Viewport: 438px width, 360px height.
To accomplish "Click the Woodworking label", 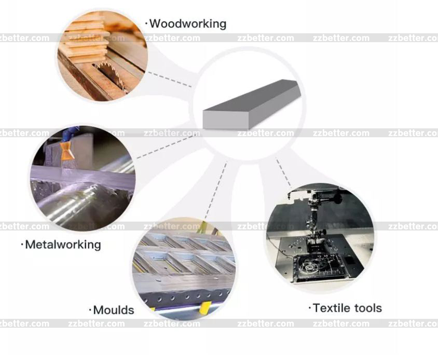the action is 188,24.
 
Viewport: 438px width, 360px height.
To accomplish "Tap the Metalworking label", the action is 63,245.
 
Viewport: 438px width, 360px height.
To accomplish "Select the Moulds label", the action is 114,310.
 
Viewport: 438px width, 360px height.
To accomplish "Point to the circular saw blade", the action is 110,74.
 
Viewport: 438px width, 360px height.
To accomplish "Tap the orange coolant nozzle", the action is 67,151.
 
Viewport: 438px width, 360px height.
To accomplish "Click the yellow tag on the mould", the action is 205,308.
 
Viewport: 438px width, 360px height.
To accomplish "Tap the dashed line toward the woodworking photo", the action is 170,79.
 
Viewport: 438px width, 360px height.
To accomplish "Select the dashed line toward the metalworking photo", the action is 167,146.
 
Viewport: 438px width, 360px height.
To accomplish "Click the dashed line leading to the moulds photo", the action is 216,190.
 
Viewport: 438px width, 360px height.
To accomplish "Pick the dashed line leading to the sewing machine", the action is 283,172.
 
